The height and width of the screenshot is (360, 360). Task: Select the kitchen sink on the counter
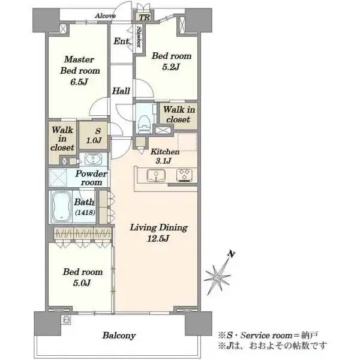[x=156, y=176]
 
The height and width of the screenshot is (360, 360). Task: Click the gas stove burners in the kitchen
[x=184, y=176]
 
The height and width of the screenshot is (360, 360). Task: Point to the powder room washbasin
[x=93, y=160]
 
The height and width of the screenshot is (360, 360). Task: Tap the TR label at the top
[x=145, y=17]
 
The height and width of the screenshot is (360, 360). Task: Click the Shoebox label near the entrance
[x=139, y=37]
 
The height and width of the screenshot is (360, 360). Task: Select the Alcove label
[x=106, y=16]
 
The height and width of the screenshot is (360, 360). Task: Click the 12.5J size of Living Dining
[x=158, y=239]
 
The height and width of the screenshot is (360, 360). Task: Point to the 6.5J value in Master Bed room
[x=79, y=82]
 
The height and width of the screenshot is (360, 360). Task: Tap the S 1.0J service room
[x=94, y=136]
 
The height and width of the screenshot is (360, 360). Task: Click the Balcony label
[x=119, y=335]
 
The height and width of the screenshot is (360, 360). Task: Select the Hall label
[x=121, y=91]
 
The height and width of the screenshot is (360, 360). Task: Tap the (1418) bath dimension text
[x=85, y=212]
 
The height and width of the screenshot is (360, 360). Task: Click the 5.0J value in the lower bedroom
[x=82, y=283]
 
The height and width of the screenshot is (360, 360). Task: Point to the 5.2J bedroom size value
[x=171, y=67]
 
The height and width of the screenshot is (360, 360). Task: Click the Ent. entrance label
[x=122, y=41]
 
